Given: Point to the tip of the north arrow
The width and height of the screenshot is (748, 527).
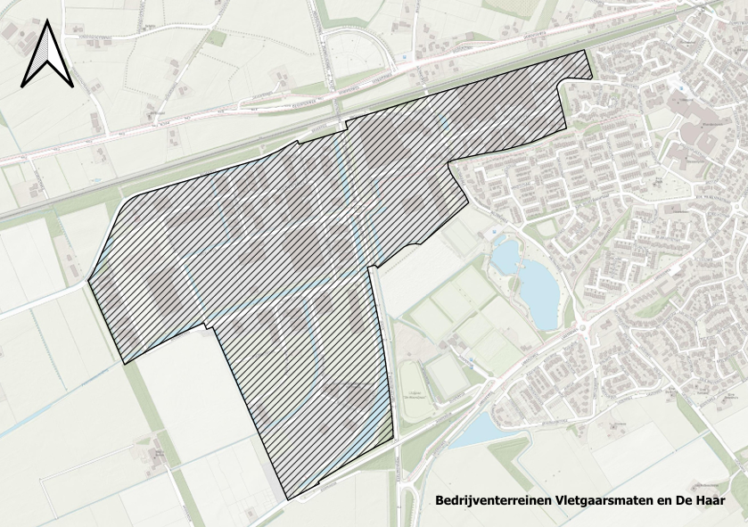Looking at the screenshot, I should pyautogui.click(x=46, y=24).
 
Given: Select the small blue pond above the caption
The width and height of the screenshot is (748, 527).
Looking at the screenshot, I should pyautogui.click(x=477, y=431).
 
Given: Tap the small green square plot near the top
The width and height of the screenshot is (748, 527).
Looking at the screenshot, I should pyautogui.click(x=217, y=38).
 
